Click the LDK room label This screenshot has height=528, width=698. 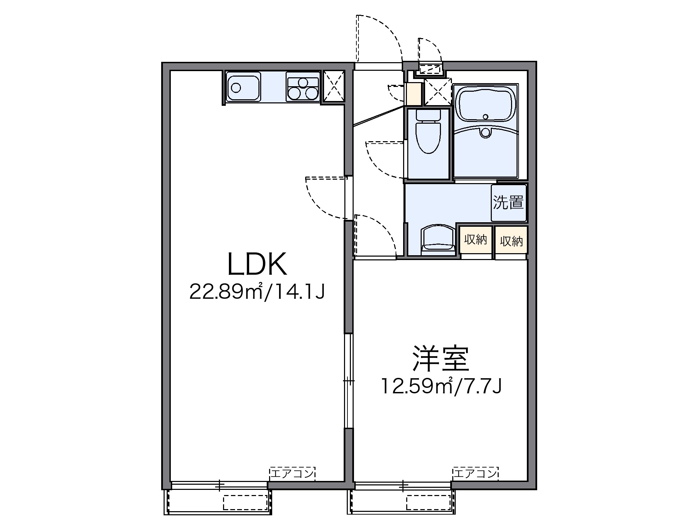coord(257,265)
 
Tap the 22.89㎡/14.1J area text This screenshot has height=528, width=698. coord(257,292)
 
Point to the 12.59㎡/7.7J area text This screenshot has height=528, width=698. coord(441,386)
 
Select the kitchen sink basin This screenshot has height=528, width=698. coord(243,87)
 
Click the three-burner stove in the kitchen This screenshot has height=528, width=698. coord(303,87)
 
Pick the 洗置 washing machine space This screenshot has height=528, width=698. coord(508,203)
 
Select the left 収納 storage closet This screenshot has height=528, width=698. coord(476,240)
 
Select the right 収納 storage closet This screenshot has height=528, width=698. coord(511,241)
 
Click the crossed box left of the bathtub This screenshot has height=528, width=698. coord(437,92)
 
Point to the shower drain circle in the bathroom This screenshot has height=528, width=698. coord(485,132)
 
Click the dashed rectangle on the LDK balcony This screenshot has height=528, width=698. coord(245,503)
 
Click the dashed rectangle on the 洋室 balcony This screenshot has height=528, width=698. coord(428,503)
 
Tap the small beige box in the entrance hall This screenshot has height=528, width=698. coord(413,94)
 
